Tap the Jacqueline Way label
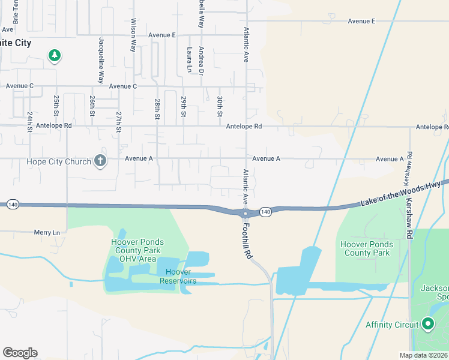coord(101,61)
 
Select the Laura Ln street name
coord(189,60)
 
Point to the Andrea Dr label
coord(202,61)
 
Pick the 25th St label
coord(56,105)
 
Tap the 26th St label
coord(92,105)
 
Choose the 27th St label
coord(119,121)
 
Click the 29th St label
coord(184,105)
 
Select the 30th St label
coord(220,106)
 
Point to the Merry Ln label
coord(47,232)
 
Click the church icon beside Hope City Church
coord(100,161)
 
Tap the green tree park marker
coord(55,56)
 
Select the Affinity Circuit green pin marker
coord(428,324)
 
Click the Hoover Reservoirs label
coord(181,277)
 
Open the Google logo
coord(20,353)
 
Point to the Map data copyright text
coord(424,355)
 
